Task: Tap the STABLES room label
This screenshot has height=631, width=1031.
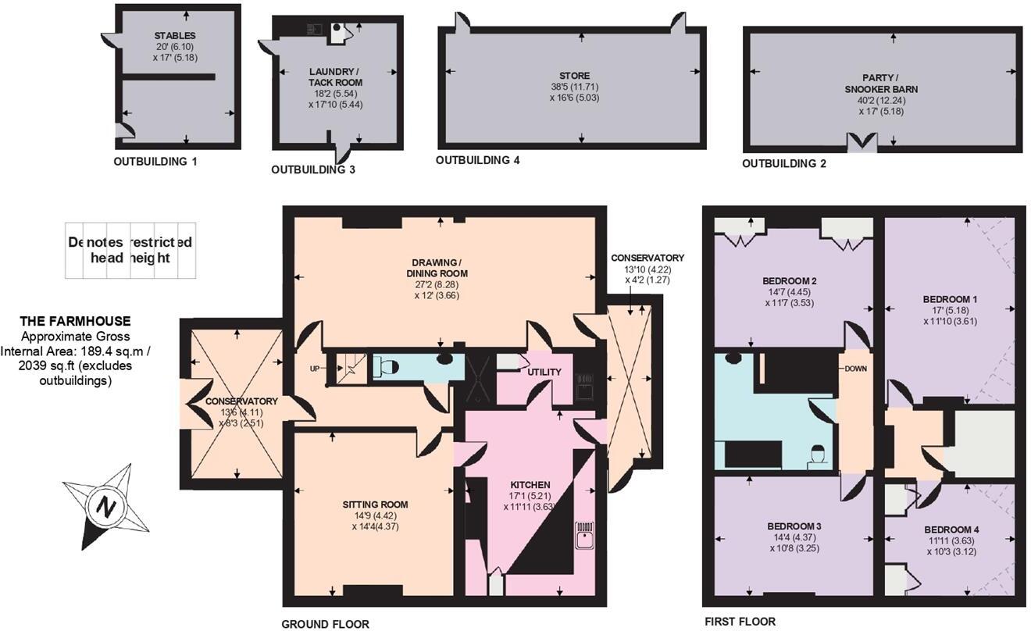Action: pos(175,36)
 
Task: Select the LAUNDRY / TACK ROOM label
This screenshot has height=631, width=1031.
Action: pos(336,77)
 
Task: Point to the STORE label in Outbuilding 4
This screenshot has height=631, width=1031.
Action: pos(574,76)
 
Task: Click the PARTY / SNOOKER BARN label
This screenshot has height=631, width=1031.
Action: pos(890,84)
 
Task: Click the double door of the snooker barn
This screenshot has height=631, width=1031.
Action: pos(863,143)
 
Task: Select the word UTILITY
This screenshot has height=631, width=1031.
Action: pos(544,372)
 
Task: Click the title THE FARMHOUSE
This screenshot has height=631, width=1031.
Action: pos(75,321)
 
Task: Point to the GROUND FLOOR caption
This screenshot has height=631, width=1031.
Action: pos(325,624)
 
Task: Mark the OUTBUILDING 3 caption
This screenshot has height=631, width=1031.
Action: pos(313,169)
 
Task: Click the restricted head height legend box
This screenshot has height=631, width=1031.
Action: pos(130,251)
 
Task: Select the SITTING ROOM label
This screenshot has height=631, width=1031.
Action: pos(376,504)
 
